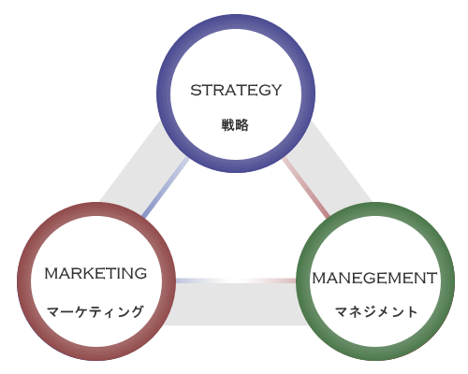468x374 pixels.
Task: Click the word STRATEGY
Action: pyautogui.click(x=236, y=90)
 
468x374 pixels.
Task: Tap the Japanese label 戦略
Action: pyautogui.click(x=235, y=125)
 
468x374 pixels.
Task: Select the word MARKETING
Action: pyautogui.click(x=95, y=273)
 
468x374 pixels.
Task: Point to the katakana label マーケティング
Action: pyautogui.click(x=95, y=311)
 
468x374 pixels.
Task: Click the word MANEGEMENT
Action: pyautogui.click(x=374, y=278)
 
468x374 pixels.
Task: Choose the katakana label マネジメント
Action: pyautogui.click(x=376, y=311)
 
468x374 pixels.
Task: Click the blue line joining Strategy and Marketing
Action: pyautogui.click(x=166, y=188)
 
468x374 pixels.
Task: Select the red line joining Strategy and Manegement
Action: pyautogui.click(x=306, y=188)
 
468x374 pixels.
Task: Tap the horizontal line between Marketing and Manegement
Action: pyautogui.click(x=236, y=280)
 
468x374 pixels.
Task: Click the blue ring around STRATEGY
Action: pyautogui.click(x=236, y=22)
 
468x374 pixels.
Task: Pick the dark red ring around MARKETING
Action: pyautogui.click(x=96, y=209)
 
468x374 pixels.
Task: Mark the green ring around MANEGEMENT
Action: pyautogui.click(x=375, y=209)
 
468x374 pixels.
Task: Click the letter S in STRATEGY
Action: pyautogui.click(x=196, y=90)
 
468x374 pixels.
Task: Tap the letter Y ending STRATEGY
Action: pyautogui.click(x=275, y=90)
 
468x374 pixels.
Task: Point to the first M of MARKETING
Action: pyautogui.click(x=51, y=273)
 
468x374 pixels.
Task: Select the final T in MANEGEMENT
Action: pyautogui.click(x=431, y=278)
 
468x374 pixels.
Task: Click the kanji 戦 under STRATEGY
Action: pyautogui.click(x=228, y=125)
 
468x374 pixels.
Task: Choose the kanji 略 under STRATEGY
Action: pyautogui.click(x=242, y=125)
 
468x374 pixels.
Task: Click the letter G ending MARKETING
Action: pyautogui.click(x=141, y=273)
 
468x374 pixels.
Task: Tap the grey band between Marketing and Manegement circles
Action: pyautogui.click(x=236, y=305)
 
